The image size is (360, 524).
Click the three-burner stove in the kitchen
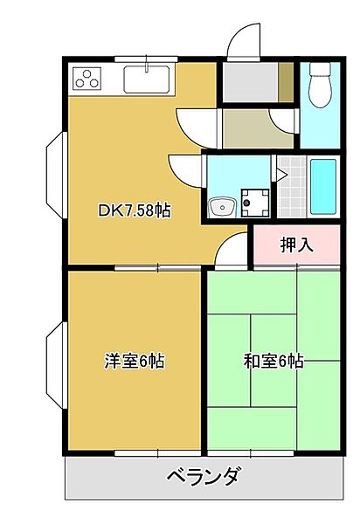point(88,79)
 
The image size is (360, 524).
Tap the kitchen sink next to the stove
point(149,79)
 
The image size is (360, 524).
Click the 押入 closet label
point(296,245)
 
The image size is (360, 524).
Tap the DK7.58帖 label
point(134,210)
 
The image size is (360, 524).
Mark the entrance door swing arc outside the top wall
point(242,42)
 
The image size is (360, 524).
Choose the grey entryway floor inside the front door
point(250,84)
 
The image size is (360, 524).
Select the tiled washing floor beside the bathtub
point(294,188)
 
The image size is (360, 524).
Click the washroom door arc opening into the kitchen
point(187,168)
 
